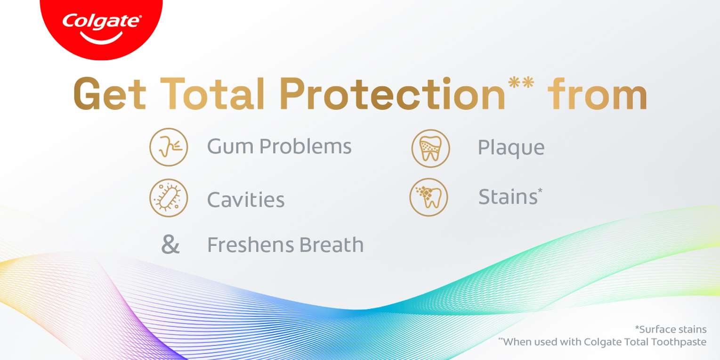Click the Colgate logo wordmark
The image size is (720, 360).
pos(101,22)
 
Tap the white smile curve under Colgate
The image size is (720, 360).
pos(102,39)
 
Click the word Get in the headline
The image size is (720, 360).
pos(110,94)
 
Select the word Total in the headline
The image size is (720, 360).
pos(212,94)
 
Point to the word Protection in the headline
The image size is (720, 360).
pos(392,94)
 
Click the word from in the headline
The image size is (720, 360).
pos(598,94)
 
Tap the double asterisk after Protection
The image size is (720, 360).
pos(521,82)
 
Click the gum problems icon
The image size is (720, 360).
pos(169,147)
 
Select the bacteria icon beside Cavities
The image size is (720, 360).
pos(169,198)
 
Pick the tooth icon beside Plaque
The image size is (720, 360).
pos(431,148)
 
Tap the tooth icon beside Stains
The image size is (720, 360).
pos(429,197)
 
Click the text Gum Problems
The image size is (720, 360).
pos(279,147)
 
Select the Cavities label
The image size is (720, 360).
pos(246,199)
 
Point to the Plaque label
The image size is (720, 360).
pos(511,148)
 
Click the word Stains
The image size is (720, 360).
pos(508,196)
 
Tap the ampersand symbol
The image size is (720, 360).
pos(170,244)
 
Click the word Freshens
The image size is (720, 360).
pos(250,245)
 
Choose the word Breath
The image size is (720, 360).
pos(332,245)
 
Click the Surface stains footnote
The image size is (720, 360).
pos(671,329)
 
